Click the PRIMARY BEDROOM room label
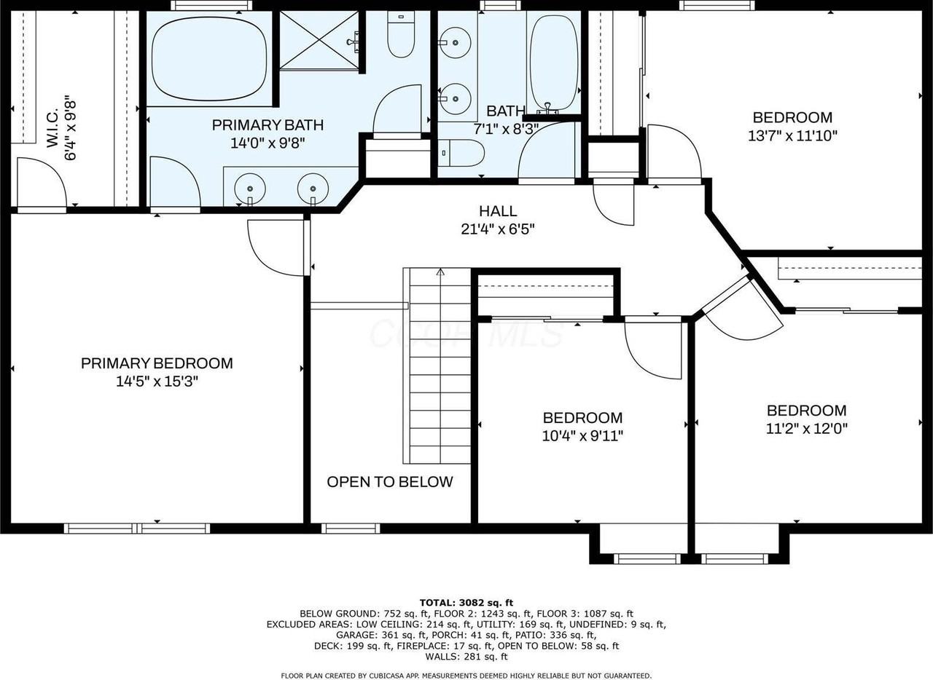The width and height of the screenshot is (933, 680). (x=157, y=363)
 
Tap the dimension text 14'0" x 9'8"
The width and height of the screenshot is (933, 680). (x=267, y=143)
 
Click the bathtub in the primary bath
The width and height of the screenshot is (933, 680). (x=208, y=58)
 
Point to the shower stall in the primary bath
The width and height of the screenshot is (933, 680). (x=319, y=41)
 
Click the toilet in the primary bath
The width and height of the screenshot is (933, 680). (x=400, y=36)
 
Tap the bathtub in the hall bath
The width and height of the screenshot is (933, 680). (x=553, y=61)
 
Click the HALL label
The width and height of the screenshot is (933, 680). (x=498, y=211)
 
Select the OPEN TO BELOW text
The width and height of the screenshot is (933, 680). (x=389, y=482)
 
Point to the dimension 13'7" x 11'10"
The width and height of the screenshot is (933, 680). (x=792, y=135)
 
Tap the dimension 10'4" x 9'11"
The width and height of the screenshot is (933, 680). (x=582, y=436)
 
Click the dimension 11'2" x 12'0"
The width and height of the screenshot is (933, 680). (x=806, y=429)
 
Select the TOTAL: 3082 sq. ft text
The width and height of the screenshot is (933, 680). (x=466, y=602)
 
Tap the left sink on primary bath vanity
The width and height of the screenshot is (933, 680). (x=249, y=189)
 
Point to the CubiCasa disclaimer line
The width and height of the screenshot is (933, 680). (x=466, y=676)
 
